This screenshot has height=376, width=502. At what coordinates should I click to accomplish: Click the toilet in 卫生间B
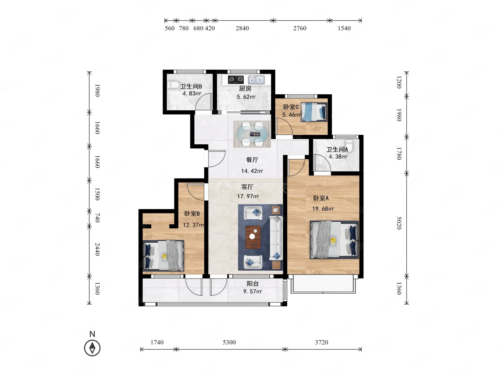[x=172, y=85]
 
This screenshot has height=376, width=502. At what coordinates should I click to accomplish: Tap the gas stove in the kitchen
[x=236, y=80]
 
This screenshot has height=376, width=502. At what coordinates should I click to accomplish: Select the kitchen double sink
[x=256, y=80]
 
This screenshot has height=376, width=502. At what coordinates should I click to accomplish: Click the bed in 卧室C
[x=314, y=112]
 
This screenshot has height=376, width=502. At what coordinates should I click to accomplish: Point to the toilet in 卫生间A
[x=349, y=146]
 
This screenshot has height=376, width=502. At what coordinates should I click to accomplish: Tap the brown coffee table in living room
[x=253, y=237]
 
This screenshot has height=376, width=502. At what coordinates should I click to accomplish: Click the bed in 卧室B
[x=163, y=255]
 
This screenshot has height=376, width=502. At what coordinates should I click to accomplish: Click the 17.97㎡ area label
[x=248, y=196]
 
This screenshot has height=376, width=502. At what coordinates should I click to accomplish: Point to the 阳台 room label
[x=253, y=284]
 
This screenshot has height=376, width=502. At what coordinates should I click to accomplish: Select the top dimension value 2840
[x=242, y=28]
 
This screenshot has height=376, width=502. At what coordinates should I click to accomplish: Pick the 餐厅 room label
[x=252, y=160]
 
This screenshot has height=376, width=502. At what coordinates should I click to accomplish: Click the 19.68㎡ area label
[x=323, y=209]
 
